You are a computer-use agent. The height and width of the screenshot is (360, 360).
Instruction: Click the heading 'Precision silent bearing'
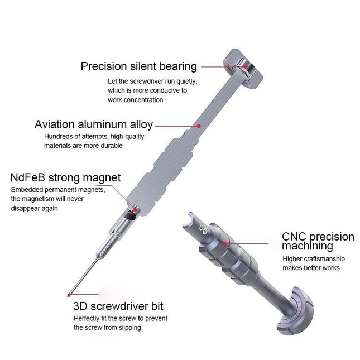pyautogui.click(x=138, y=66)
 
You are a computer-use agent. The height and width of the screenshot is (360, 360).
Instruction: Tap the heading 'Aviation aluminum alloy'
pyautogui.click(x=93, y=124)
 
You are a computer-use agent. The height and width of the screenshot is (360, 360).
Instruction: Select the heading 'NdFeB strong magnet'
pyautogui.click(x=65, y=178)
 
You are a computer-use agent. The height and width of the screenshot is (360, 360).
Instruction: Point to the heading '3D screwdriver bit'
pyautogui.click(x=118, y=306)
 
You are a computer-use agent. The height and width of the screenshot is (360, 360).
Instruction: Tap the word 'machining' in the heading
pyautogui.click(x=308, y=246)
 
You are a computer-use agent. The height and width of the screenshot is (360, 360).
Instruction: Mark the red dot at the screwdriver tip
pyautogui.click(x=68, y=295)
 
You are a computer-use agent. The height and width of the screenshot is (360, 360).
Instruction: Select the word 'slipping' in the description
pyautogui.click(x=128, y=328)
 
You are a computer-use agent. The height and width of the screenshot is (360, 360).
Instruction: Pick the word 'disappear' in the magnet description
pyautogui.click(x=27, y=208)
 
